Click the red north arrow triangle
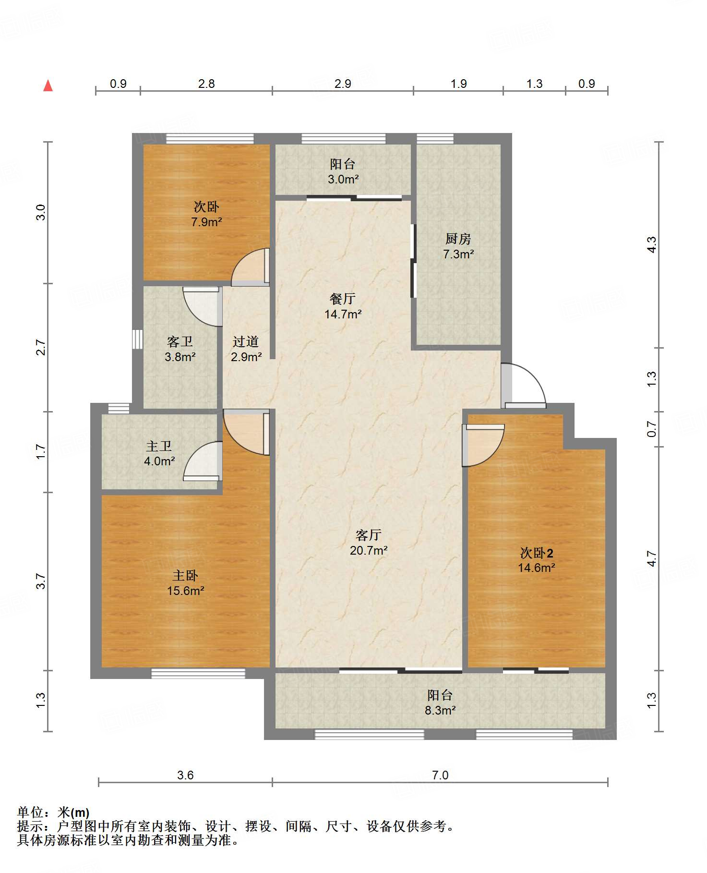[48, 85]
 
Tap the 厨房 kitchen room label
[458, 239]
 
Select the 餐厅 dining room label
[342, 299]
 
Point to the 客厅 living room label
[369, 535]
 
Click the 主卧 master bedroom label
[185, 575]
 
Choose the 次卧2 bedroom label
[537, 553]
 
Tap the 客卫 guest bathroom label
[180, 341]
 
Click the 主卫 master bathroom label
[159, 446]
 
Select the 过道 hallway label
[246, 341]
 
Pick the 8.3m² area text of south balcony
[440, 710]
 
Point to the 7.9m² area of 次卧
[206, 222]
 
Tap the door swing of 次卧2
[483, 445]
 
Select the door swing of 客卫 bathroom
[202, 307]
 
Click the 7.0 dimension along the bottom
[440, 775]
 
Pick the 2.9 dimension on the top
[343, 84]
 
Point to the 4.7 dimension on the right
[651, 558]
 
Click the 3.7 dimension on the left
[41, 581]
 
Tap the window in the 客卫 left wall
[138, 339]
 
